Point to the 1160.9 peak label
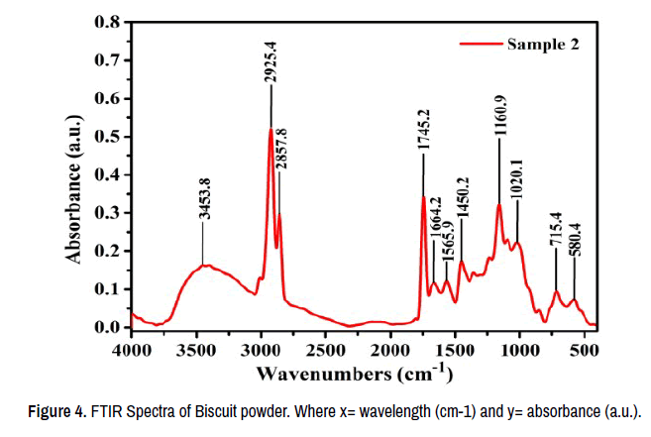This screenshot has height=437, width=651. (x=500, y=109)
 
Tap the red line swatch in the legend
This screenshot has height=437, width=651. (x=479, y=44)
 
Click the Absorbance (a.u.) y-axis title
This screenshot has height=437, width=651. (x=74, y=174)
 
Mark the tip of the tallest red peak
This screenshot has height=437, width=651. (x=271, y=129)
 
